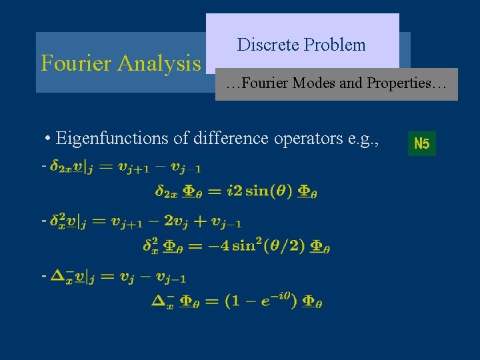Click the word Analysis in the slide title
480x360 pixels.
tap(159, 63)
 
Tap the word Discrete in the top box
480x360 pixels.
tap(267, 45)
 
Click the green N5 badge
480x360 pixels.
tap(421, 143)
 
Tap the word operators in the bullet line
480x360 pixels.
tap(303, 138)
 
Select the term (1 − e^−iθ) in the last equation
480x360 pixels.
tap(261, 301)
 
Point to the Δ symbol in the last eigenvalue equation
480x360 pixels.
tap(159, 301)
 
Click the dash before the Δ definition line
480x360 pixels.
tap(44, 276)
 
